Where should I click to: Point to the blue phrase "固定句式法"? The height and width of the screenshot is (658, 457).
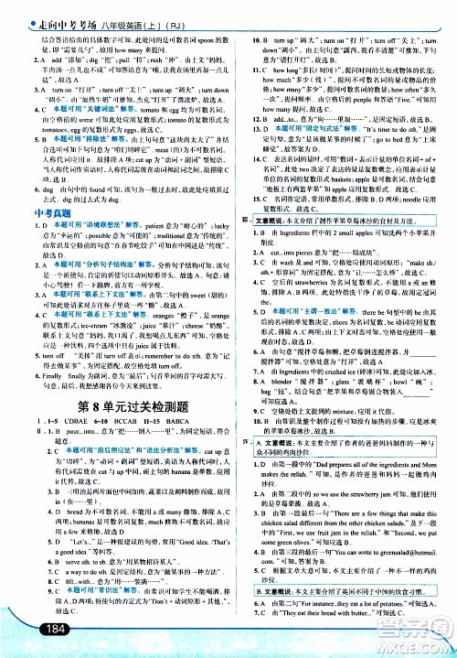[x=301, y=131]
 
